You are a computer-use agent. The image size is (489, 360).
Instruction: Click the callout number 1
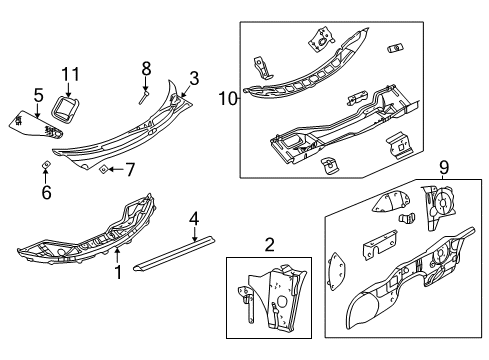pos(117,271)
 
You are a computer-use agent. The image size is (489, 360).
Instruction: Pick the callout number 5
pos(38,95)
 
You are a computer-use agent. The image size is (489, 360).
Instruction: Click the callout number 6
pos(46,192)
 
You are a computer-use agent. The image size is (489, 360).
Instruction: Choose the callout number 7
pos(130,170)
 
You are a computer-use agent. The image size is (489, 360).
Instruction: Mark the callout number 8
pos(146,69)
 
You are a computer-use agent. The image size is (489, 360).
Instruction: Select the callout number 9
pos(444,170)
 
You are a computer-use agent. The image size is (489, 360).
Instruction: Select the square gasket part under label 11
pos(70,108)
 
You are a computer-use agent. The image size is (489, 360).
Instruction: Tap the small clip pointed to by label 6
pos(46,164)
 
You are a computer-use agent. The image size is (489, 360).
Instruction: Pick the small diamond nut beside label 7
pos(104,170)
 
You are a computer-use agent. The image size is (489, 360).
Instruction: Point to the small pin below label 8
pos(143,98)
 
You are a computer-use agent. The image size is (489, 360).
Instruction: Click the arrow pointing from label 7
pos(117,170)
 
